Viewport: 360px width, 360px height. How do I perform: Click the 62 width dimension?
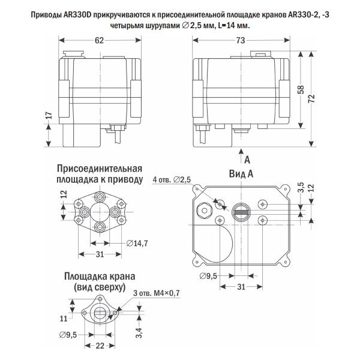coord(99,40)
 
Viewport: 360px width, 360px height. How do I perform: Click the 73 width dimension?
coord(241,40)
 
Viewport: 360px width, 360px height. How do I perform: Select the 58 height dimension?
coord(299,91)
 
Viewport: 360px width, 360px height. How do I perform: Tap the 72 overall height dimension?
coord(311,99)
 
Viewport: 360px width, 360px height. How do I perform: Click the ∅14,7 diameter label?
coord(138,242)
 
